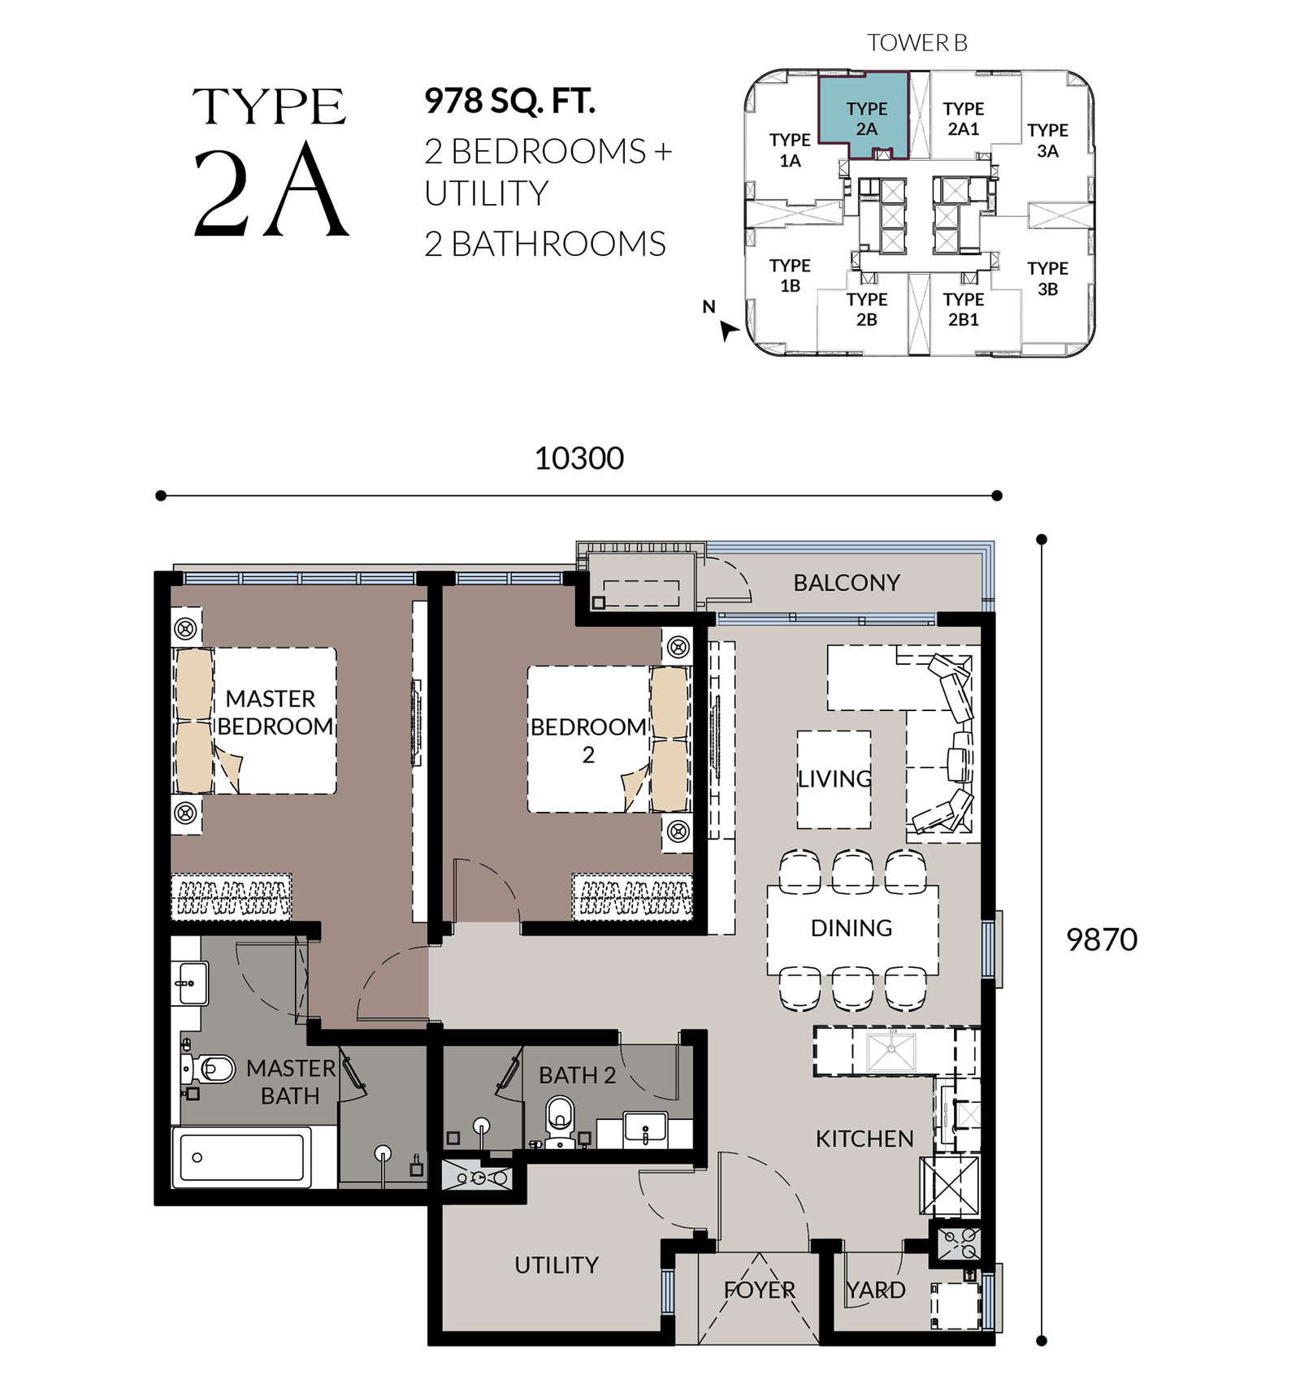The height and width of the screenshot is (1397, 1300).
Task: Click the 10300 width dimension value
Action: click(x=578, y=458)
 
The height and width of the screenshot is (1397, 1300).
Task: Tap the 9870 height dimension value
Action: click(x=1101, y=939)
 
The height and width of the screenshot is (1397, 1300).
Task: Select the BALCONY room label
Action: click(x=847, y=583)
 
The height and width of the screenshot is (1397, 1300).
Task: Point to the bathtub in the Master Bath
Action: click(x=241, y=1157)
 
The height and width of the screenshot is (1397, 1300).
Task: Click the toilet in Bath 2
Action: click(x=560, y=1122)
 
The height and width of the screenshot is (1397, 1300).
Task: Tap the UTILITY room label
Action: click(x=557, y=1265)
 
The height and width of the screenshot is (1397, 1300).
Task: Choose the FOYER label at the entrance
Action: click(x=760, y=1290)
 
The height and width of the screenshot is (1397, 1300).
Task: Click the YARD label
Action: click(x=875, y=1290)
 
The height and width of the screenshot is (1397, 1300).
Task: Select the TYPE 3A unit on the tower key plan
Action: click(x=1047, y=141)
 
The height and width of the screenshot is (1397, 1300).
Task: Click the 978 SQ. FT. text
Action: click(x=510, y=101)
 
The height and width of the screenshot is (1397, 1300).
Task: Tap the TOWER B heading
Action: click(x=917, y=42)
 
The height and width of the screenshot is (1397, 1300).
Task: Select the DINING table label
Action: click(x=851, y=928)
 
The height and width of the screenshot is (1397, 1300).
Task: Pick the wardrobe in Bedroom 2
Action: click(x=632, y=897)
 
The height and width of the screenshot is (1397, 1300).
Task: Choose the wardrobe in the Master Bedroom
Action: click(x=231, y=897)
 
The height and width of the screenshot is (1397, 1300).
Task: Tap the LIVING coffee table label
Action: click(x=834, y=779)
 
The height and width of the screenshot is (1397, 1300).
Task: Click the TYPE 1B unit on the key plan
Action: click(x=790, y=275)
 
